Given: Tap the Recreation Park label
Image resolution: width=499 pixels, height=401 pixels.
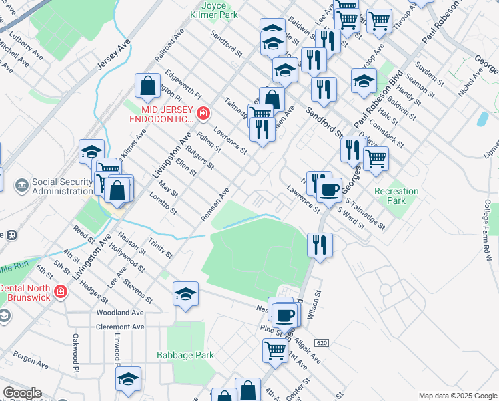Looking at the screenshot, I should (x=396, y=196).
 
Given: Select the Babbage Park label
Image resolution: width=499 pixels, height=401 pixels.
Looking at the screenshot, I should (x=185, y=355).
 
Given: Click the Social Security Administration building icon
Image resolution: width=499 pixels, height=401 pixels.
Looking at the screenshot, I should (x=21, y=184).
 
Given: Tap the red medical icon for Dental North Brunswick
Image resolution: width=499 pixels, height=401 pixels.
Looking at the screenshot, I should (x=60, y=292).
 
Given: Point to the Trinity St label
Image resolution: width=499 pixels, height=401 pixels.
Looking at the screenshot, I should (x=161, y=248).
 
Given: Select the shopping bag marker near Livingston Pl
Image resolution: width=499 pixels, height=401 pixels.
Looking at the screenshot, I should (x=148, y=86).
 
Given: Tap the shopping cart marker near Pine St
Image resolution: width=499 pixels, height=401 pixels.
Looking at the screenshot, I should (x=275, y=350).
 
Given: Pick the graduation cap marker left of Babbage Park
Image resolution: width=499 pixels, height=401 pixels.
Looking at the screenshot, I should (x=128, y=379).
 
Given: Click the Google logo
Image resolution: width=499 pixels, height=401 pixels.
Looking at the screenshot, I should (x=22, y=393).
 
